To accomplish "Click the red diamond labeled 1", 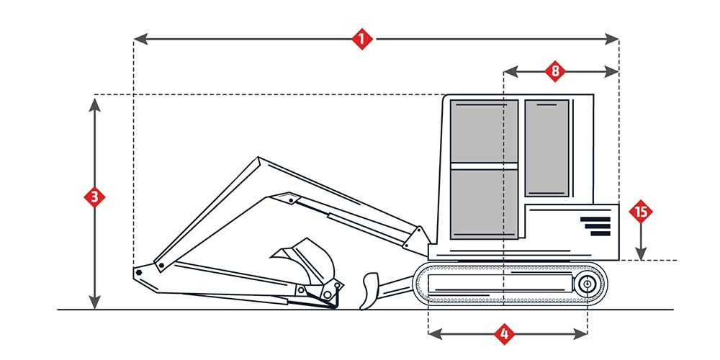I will [362, 38].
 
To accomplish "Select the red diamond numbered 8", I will [554, 71].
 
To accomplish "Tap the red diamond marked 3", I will [94, 197].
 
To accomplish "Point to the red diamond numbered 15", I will [641, 212].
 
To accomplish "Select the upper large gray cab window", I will [484, 131].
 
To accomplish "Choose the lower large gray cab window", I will [484, 204].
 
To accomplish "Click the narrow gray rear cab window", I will [547, 148].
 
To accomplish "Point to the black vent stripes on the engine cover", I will [595, 226].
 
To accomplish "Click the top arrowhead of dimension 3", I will [94, 102].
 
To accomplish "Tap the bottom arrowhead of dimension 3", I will [94, 304].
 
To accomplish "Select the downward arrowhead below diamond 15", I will [641, 253].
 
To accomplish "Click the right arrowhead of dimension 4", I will [583, 333].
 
